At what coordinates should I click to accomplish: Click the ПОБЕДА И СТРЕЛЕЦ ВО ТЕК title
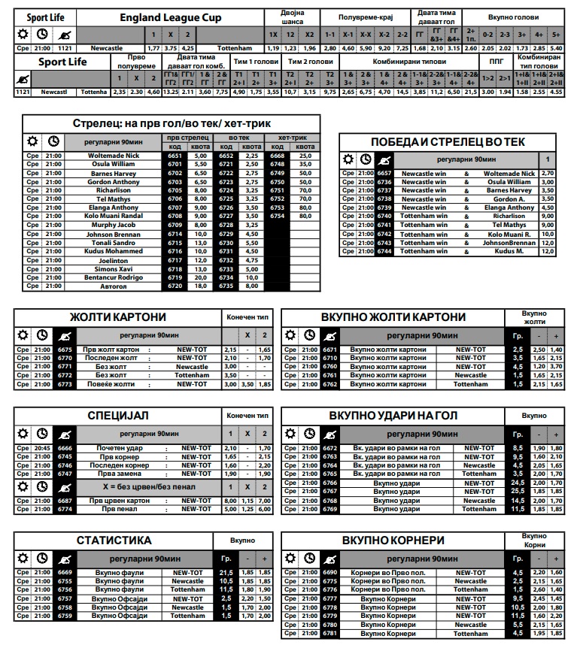[448, 142]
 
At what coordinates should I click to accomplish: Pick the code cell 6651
[175, 156]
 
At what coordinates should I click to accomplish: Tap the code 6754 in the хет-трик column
[277, 216]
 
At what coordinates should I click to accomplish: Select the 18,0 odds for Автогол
[201, 286]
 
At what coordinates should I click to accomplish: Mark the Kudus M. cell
[509, 251]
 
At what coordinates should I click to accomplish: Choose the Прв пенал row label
[121, 509]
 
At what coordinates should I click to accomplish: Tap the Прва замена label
[121, 474]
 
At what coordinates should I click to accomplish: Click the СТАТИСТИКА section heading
[114, 540]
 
